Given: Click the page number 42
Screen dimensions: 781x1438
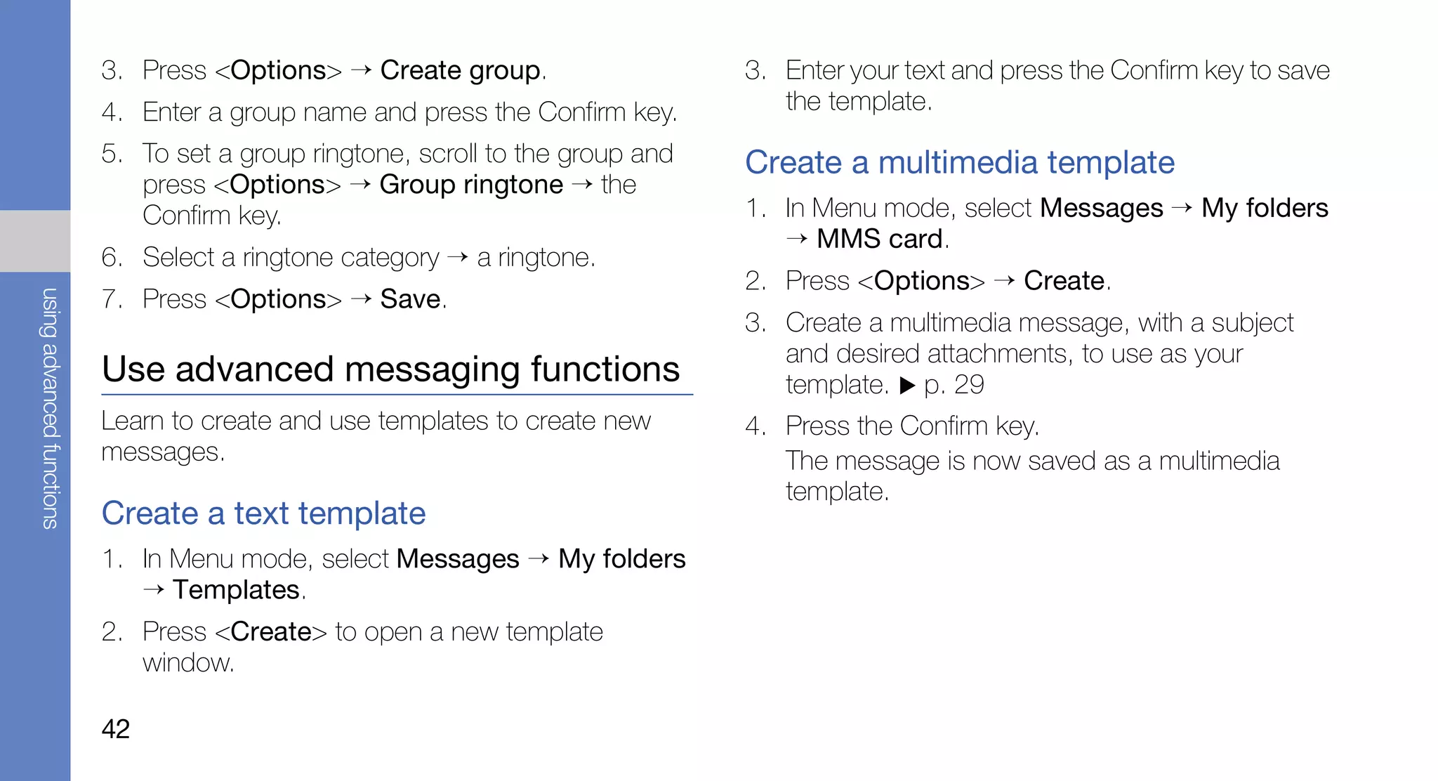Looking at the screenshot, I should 116,729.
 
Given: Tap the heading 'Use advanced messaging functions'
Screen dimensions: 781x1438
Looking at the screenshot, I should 390,369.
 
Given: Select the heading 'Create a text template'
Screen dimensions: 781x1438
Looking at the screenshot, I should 263,513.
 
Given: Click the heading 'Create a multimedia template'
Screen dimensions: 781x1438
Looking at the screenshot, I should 959,163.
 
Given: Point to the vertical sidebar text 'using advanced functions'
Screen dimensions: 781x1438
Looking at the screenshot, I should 50,407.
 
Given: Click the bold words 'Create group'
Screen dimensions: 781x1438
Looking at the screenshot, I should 461,71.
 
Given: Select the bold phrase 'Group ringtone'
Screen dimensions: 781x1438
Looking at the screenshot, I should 471,185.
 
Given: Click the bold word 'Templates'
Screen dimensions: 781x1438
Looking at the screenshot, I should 237,590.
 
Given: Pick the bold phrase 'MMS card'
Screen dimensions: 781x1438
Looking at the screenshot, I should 880,239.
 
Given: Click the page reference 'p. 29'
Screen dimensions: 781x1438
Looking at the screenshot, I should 954,385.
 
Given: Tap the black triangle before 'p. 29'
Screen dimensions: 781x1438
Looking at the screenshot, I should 907,385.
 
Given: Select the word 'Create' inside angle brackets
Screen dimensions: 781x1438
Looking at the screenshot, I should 271,632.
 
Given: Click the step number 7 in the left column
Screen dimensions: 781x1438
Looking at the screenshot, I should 112,300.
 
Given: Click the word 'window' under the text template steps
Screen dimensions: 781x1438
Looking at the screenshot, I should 187,663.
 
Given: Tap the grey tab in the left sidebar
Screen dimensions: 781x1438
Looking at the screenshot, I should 35,241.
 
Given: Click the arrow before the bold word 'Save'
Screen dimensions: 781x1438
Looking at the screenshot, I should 361,299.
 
